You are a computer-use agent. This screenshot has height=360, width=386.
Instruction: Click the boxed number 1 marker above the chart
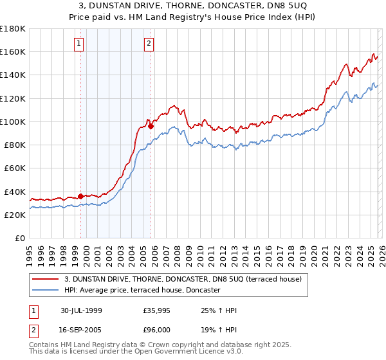pos(78,44)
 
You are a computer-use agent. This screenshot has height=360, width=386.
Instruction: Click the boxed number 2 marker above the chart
pos(149,44)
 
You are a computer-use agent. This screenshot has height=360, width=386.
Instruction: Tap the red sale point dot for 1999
pos(81,196)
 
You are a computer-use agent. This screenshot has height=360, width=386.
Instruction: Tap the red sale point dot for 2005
pos(151,126)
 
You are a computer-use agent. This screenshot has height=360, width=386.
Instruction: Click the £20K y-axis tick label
pos(14,215)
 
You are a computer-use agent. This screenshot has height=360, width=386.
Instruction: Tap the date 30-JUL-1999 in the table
pos(81,310)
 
